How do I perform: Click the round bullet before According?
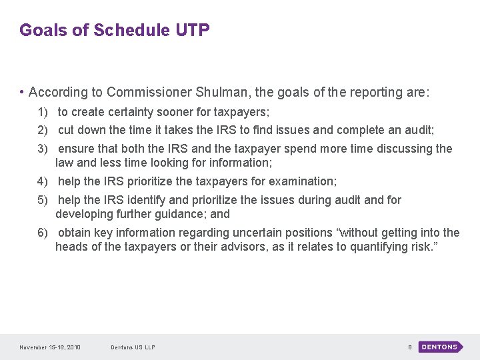coord(22,92)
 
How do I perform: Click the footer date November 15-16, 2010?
coord(50,347)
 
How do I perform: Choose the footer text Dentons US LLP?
coord(133,347)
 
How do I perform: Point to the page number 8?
coord(409,347)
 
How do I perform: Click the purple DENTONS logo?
coord(441,347)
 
